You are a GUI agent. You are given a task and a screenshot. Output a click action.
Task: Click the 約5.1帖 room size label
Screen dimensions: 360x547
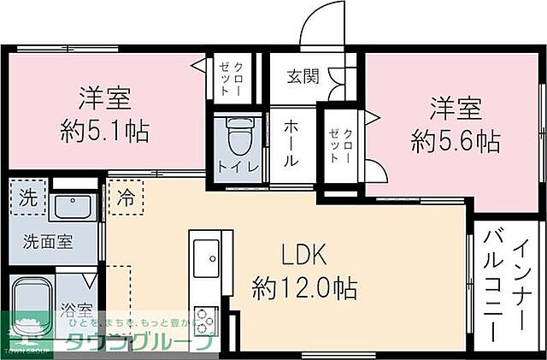[x=105, y=131]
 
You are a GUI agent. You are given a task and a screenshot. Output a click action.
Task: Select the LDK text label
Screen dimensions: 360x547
[x=304, y=254]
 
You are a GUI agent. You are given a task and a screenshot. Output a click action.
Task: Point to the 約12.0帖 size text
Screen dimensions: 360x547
[x=304, y=286]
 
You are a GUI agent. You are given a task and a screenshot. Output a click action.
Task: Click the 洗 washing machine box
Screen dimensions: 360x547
[x=29, y=195]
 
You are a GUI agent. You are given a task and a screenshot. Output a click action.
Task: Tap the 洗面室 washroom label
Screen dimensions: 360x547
[x=47, y=242]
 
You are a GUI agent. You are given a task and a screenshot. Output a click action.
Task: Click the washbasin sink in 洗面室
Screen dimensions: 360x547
[x=74, y=206]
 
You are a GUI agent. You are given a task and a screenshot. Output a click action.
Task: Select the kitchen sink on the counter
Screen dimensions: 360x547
[x=206, y=255]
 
